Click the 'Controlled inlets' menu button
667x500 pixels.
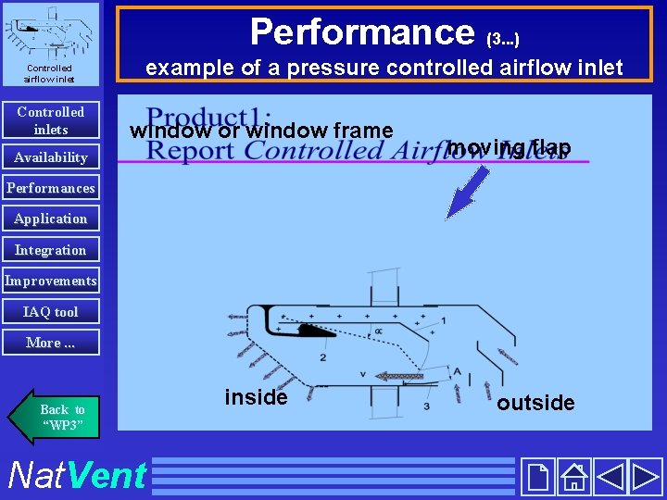51,120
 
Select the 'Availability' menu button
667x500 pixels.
51,157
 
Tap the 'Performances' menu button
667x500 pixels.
51,188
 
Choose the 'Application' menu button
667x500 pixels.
51,219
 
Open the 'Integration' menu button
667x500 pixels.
51,250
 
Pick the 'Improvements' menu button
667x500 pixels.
51,281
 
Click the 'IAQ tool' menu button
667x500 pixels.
51,312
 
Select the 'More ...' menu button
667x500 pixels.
51,343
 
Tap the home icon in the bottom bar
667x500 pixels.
574,476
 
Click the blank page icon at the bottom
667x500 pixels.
537,476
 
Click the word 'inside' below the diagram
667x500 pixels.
256,397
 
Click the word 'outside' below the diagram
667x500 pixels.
535,403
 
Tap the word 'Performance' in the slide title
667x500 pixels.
362,31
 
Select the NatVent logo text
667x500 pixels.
77,475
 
